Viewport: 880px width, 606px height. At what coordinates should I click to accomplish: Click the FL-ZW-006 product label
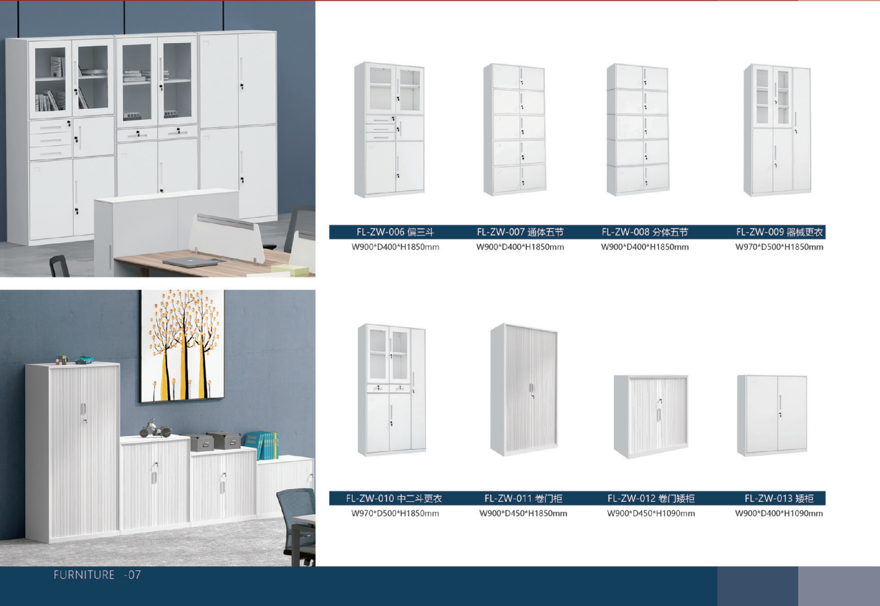(x=395, y=232)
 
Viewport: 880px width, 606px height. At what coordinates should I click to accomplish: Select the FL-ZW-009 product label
(x=779, y=232)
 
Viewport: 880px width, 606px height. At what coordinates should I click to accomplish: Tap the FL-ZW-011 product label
(x=523, y=498)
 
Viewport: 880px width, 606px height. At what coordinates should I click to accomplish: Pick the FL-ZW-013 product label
(x=779, y=498)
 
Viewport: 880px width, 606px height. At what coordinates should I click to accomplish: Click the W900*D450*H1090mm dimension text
(x=651, y=513)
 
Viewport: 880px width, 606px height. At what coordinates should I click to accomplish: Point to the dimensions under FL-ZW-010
(x=395, y=513)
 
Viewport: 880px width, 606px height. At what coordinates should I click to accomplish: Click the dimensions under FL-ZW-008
(x=644, y=247)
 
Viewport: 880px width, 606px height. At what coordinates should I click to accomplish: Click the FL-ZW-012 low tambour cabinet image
(x=651, y=416)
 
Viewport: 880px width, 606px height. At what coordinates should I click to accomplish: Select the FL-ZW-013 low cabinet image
(x=772, y=415)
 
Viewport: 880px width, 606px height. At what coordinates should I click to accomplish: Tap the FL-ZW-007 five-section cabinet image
(x=515, y=130)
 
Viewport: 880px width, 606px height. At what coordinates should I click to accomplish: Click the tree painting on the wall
(x=182, y=346)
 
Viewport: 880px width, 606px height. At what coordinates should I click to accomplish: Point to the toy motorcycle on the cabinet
(x=156, y=428)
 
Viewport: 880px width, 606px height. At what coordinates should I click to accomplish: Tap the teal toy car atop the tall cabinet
(x=84, y=360)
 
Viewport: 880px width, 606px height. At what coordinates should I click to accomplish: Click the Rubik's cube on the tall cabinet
(x=61, y=360)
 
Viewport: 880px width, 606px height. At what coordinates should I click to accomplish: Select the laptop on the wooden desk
(x=190, y=262)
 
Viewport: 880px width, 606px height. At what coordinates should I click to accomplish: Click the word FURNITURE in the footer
(x=84, y=575)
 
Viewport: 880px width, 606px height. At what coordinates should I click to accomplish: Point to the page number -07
(x=132, y=575)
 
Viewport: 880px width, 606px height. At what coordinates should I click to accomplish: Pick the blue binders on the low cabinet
(x=262, y=445)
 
